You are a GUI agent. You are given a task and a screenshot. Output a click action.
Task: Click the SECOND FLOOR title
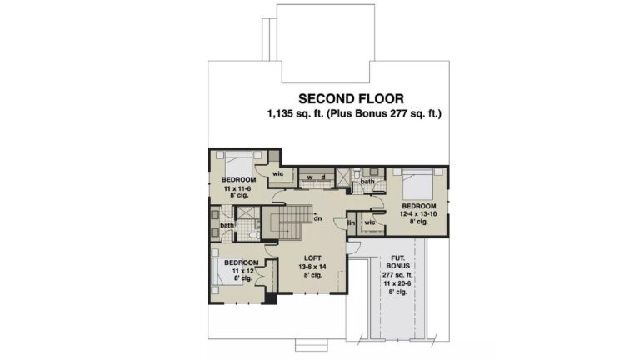click(351, 99)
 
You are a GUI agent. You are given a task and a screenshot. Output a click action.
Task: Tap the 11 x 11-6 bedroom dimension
click(237, 188)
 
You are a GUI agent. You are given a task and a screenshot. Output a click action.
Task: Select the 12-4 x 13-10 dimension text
click(419, 214)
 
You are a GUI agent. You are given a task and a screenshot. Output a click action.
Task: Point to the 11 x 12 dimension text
click(242, 271)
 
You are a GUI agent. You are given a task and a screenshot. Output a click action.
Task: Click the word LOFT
click(312, 258)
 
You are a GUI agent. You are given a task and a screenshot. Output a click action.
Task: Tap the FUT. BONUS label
click(398, 262)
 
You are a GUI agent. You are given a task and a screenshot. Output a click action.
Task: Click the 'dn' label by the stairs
click(318, 218)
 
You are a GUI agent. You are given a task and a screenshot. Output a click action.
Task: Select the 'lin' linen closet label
click(352, 222)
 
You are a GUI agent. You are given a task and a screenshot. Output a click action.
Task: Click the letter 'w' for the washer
click(310, 177)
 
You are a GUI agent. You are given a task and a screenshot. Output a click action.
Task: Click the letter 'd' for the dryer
click(323, 177)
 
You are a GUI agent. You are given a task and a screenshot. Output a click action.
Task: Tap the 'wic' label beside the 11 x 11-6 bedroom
click(278, 174)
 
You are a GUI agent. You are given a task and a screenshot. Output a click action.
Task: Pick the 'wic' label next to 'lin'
click(370, 222)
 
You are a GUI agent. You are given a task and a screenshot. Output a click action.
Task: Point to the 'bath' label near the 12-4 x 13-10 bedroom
click(367, 181)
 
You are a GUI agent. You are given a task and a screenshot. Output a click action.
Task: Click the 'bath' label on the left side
click(227, 225)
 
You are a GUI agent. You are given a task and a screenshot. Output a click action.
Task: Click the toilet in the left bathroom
click(253, 236)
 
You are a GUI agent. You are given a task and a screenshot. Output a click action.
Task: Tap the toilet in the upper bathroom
click(357, 173)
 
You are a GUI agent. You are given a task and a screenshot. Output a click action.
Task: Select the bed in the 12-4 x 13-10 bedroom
click(417, 183)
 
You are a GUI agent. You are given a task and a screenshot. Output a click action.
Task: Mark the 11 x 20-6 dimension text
click(398, 283)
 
